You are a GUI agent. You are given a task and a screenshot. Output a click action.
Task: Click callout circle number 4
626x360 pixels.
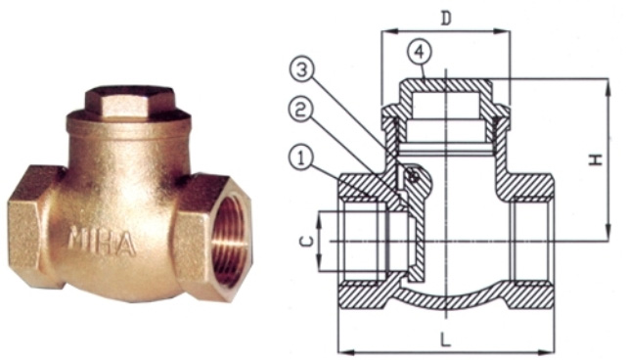(420, 53)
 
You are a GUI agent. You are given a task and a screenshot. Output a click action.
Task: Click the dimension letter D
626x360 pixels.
(446, 18)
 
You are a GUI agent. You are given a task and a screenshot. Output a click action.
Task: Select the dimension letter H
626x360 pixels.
(597, 159)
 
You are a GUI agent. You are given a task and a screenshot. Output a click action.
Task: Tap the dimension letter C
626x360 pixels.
(306, 241)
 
